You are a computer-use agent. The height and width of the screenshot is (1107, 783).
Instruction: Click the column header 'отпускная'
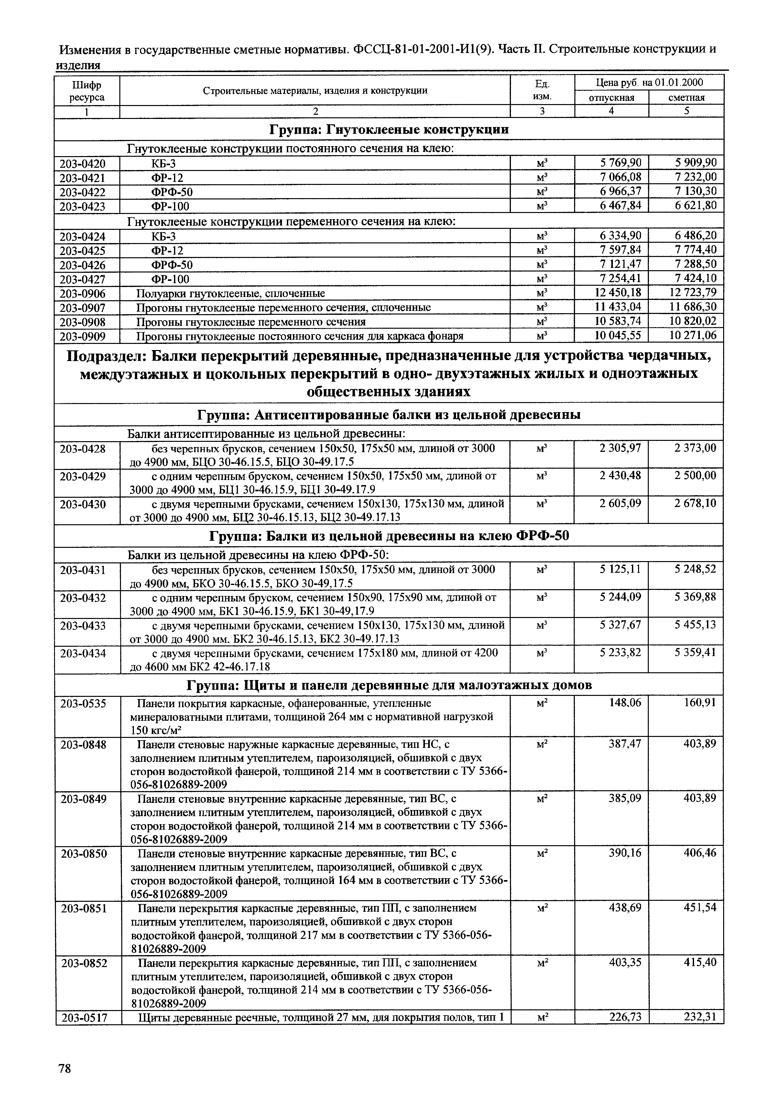click(612, 98)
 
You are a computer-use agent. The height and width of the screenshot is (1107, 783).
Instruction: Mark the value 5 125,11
click(620, 569)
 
